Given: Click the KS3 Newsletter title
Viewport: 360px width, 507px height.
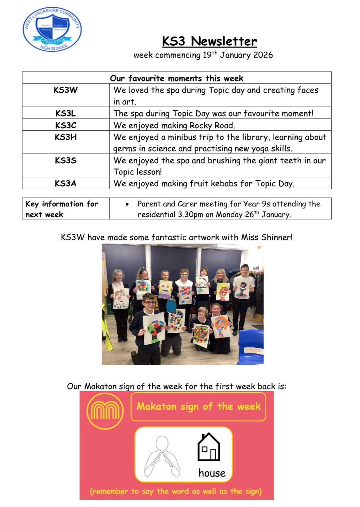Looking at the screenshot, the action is pos(210,41).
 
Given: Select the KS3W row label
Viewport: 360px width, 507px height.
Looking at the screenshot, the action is pos(65,90).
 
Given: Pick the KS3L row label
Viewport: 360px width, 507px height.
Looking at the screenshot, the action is pos(65,113).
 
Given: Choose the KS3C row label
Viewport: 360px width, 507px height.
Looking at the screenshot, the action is pos(65,125).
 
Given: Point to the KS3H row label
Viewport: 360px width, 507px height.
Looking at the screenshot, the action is pos(65,137).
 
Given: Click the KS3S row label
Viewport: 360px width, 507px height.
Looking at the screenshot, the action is pos(65,160).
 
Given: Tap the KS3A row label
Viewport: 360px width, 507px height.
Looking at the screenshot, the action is pos(65,183).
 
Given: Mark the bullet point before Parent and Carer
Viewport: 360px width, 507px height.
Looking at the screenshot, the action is pos(127,204).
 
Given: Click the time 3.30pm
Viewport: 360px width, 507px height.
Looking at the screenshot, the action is pos(190,215).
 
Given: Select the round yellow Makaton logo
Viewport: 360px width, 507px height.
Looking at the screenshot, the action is pos(105,411).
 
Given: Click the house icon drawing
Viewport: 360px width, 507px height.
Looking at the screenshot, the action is pos(208,447).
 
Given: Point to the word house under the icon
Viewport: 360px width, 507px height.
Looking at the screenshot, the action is pos(212,473).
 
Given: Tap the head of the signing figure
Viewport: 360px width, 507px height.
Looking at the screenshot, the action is pos(162,443).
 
